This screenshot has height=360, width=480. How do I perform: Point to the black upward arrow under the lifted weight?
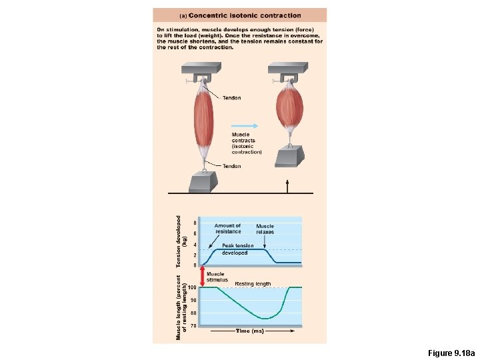tap(288, 185)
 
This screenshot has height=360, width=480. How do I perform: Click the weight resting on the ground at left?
tap(204, 181)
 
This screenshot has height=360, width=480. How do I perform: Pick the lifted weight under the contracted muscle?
tap(289, 156)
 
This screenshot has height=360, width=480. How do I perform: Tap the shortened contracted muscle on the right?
tap(289, 107)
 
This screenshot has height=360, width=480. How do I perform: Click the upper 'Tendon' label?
tap(232, 98)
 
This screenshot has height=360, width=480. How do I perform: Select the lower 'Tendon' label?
tap(232, 166)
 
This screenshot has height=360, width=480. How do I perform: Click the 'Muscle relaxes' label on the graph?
tap(265, 229)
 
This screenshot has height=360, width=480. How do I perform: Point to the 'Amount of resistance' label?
tap(227, 229)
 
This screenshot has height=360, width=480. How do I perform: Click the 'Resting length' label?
tap(253, 284)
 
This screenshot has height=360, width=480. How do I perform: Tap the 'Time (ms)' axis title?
tap(249, 331)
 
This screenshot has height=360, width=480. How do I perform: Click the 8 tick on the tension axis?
tap(195, 223)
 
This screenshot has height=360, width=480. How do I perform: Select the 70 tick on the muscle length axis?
tap(193, 326)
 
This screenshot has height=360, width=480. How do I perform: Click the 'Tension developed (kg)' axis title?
tap(181, 241)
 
